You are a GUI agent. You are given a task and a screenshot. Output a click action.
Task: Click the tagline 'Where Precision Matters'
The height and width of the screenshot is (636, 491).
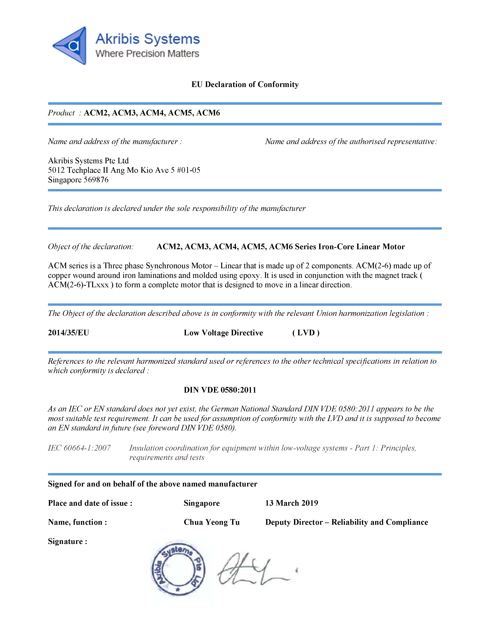click(x=147, y=54)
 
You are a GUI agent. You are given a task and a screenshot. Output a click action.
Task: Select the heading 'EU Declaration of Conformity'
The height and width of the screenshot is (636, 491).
click(x=245, y=84)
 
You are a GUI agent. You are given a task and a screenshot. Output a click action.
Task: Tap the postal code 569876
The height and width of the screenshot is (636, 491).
click(x=96, y=180)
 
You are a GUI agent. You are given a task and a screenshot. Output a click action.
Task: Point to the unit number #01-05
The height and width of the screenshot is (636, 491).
click(x=188, y=170)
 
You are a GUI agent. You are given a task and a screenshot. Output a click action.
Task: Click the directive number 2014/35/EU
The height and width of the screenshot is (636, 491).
click(x=68, y=333)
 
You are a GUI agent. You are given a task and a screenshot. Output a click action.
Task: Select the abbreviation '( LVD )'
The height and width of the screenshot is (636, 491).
click(x=306, y=333)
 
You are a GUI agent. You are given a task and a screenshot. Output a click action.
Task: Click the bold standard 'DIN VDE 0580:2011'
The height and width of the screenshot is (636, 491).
click(x=220, y=390)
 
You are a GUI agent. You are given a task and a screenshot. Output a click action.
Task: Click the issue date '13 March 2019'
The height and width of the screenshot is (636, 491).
click(x=291, y=503)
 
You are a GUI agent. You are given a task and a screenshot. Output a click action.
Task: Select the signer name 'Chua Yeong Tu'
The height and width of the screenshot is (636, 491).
click(x=211, y=522)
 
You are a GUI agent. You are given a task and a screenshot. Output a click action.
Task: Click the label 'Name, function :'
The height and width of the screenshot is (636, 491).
click(x=77, y=522)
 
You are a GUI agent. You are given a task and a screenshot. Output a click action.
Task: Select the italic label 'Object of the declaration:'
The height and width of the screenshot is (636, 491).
click(x=91, y=247)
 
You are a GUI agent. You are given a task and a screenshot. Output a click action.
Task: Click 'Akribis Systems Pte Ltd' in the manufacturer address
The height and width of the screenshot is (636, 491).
click(x=88, y=161)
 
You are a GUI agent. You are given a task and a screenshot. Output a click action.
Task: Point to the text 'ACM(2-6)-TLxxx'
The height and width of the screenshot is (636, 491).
click(x=78, y=285)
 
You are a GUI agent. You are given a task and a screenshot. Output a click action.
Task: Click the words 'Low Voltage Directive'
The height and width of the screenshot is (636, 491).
click(x=223, y=333)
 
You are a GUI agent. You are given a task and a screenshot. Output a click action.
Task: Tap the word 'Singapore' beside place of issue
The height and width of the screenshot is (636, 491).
click(x=202, y=503)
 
